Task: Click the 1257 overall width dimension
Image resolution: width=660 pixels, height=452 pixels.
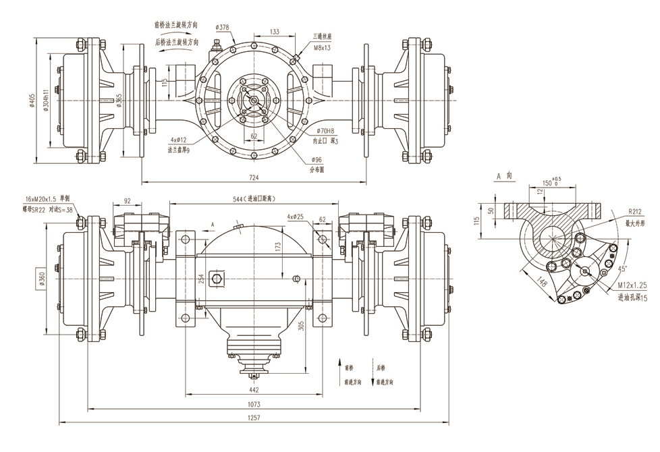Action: pyautogui.click(x=254, y=418)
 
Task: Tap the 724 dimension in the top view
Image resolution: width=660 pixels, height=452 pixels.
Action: pyautogui.click(x=254, y=177)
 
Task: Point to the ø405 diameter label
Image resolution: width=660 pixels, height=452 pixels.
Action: pyautogui.click(x=32, y=100)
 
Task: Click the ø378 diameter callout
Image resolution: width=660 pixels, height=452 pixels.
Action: pyautogui.click(x=222, y=27)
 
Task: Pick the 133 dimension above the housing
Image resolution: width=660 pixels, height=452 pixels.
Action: pyautogui.click(x=275, y=32)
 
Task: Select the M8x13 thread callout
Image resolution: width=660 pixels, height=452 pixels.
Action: pyautogui.click(x=322, y=48)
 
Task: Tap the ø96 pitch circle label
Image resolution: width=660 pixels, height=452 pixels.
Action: pyautogui.click(x=317, y=160)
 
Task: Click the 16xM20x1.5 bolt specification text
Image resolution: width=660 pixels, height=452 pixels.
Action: pyautogui.click(x=47, y=200)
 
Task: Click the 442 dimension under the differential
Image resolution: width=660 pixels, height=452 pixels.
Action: pyautogui.click(x=254, y=389)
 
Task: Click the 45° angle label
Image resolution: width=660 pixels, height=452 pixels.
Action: pyautogui.click(x=623, y=268)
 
